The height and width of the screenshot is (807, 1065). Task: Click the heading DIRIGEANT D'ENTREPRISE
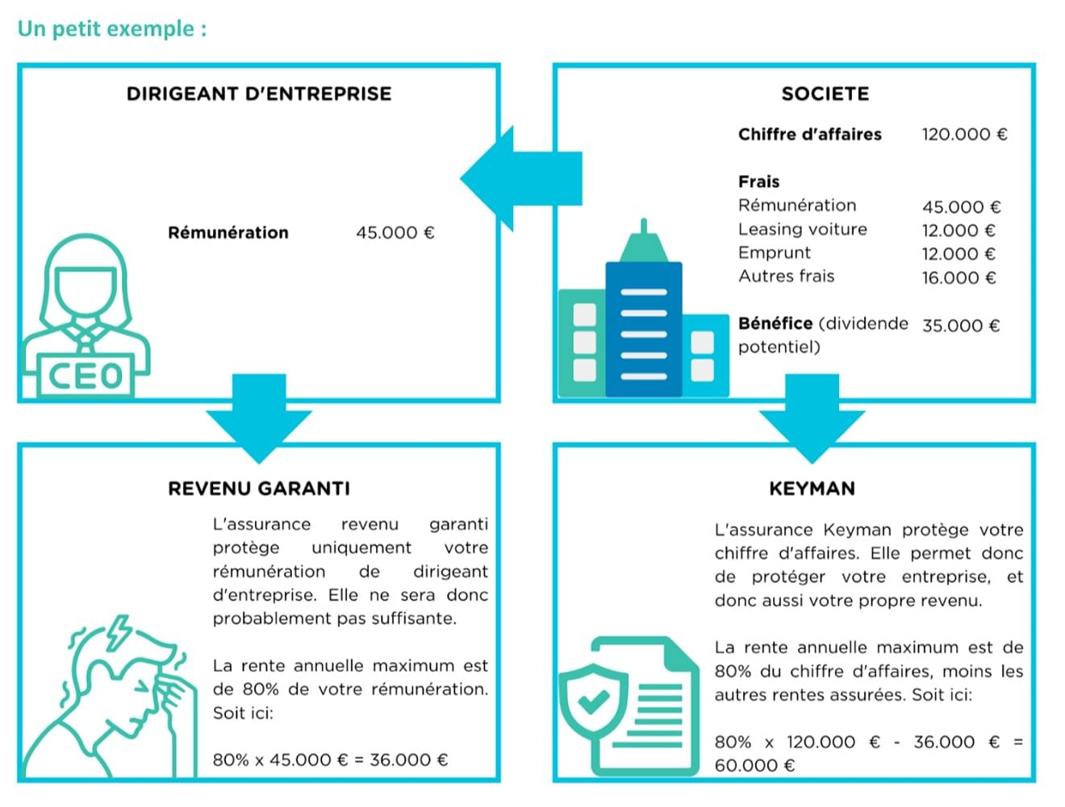[x=259, y=94]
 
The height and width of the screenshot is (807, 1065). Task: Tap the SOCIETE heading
[x=825, y=94]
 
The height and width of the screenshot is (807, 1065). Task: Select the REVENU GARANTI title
[x=259, y=488]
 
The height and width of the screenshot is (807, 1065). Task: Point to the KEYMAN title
[x=812, y=488]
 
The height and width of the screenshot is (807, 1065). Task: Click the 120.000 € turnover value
[x=964, y=134]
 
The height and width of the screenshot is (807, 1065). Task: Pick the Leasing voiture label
[x=802, y=229]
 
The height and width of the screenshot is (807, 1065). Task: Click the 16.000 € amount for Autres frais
[x=958, y=277]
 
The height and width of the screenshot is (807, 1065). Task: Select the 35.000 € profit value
[x=960, y=325]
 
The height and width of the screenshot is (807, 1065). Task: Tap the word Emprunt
[x=774, y=252]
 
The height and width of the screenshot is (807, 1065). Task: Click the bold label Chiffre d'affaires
[x=809, y=134]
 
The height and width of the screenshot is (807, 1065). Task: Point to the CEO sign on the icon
[x=86, y=376]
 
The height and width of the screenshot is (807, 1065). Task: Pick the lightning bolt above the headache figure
[x=118, y=632]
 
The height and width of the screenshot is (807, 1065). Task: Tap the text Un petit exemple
[x=112, y=28]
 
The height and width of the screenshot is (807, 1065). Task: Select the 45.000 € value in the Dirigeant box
[x=395, y=232]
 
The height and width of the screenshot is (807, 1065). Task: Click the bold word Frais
[x=758, y=181]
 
